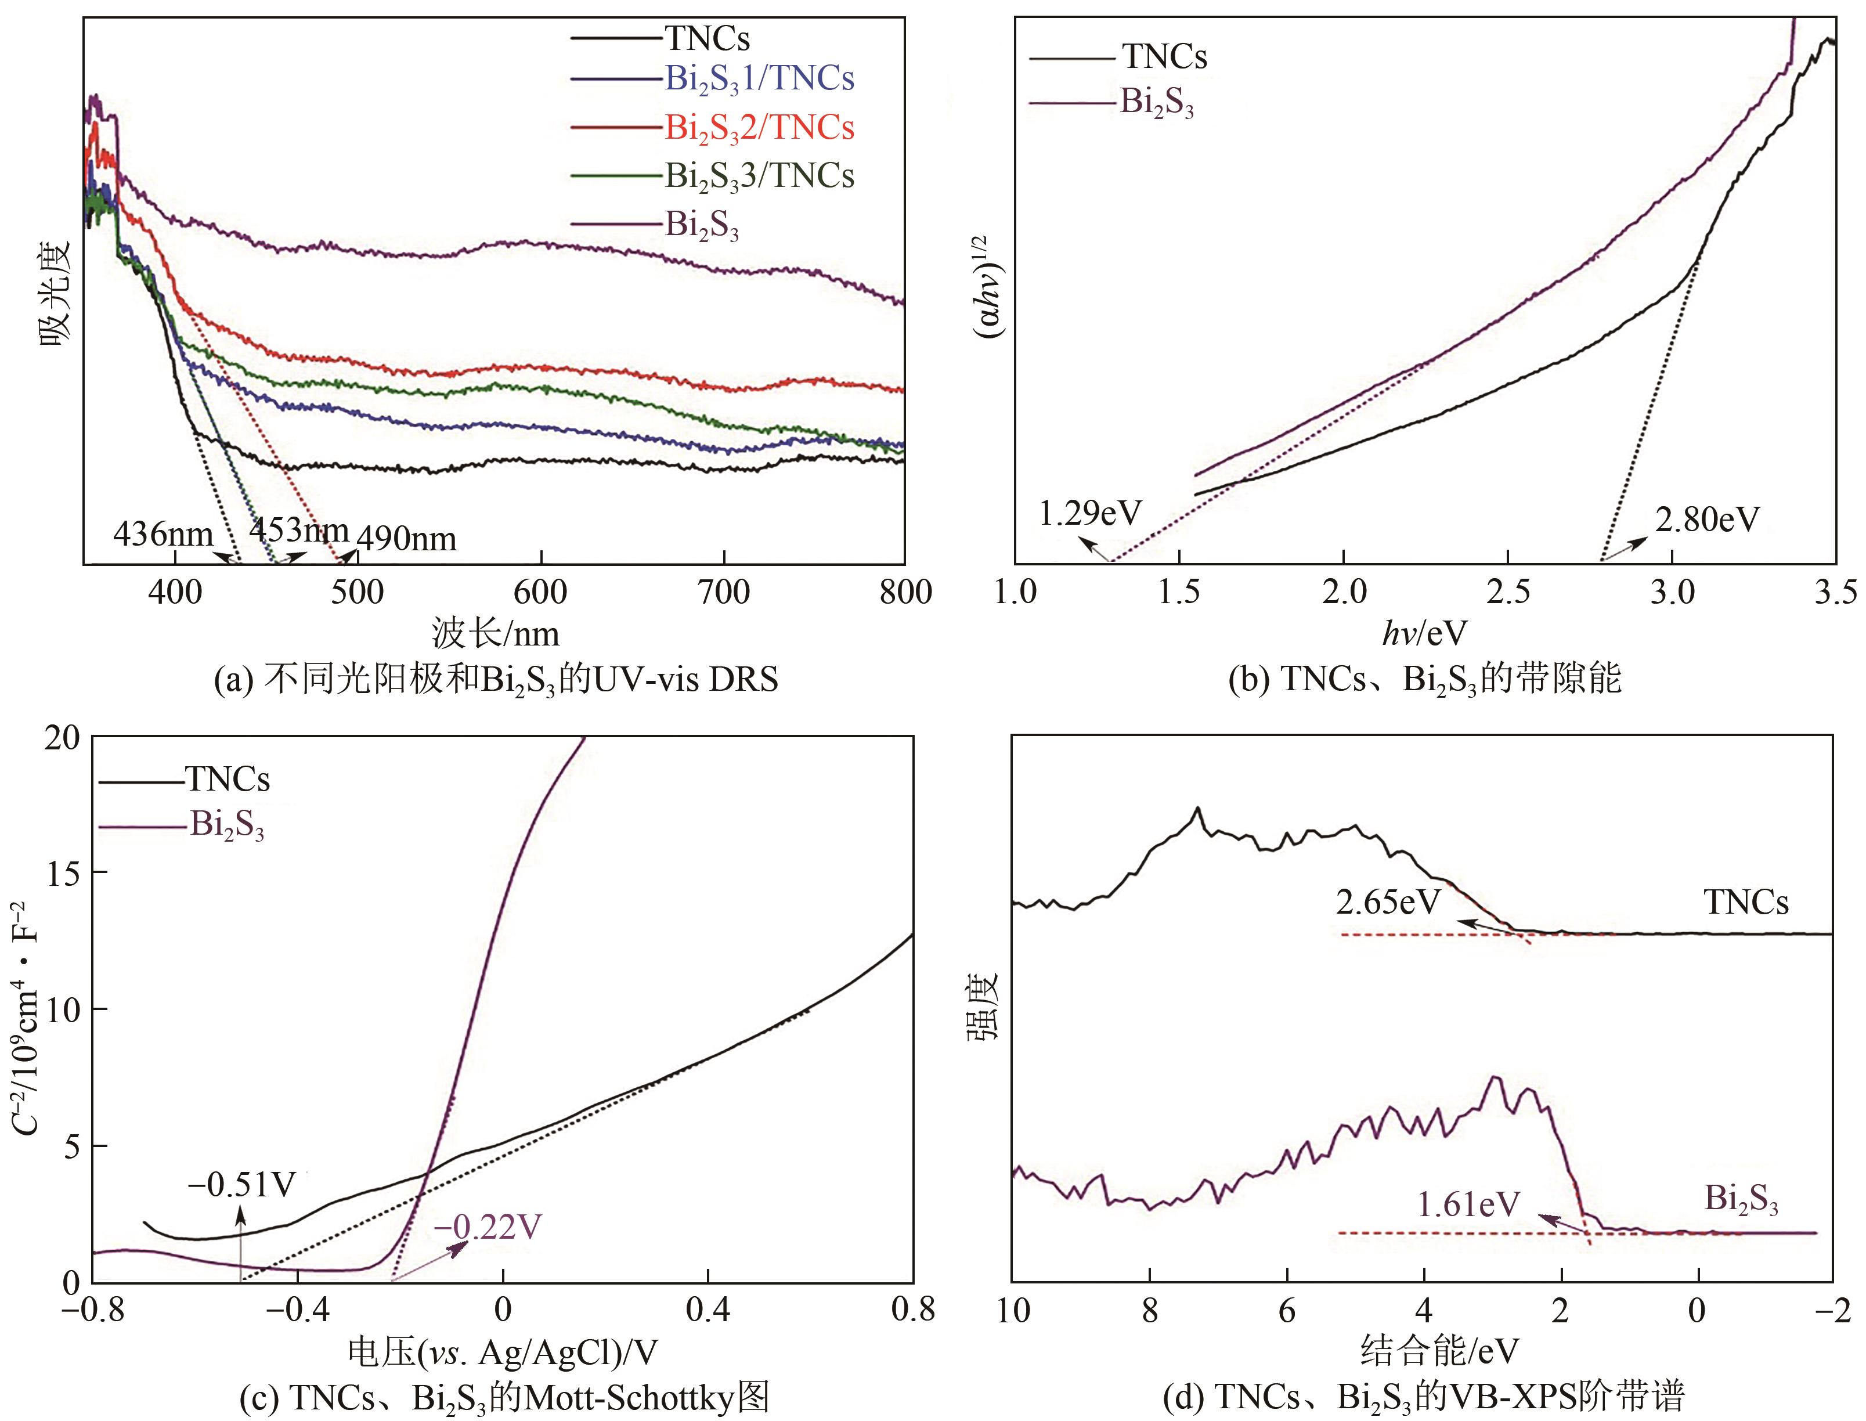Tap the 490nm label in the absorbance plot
[x=407, y=538]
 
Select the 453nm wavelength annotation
[x=298, y=529]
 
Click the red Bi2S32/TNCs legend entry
[x=759, y=128]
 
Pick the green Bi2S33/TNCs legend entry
[x=759, y=176]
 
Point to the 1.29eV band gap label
[x=1090, y=513]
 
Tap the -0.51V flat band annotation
[x=242, y=1184]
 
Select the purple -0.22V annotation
[x=488, y=1227]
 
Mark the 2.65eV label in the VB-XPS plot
[x=1387, y=903]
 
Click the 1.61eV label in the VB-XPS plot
[x=1468, y=1204]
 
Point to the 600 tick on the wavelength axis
[x=540, y=592]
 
